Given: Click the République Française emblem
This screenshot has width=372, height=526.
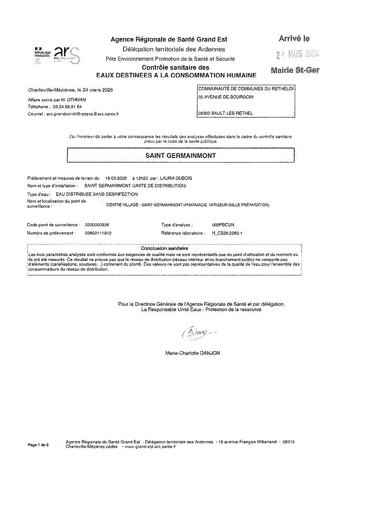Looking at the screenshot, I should [42, 54].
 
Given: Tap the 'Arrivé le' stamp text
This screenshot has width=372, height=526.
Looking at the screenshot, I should [294, 39].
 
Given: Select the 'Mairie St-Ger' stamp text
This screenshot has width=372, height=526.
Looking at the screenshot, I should [295, 70].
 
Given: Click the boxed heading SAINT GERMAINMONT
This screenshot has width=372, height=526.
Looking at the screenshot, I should [181, 156].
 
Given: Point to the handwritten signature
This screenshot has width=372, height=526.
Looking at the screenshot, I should [193, 332].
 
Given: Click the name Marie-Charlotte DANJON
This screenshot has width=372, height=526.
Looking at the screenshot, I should [193, 353].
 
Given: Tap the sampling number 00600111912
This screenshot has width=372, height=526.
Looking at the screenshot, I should [98, 233].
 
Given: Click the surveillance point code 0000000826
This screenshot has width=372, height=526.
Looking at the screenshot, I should [97, 225].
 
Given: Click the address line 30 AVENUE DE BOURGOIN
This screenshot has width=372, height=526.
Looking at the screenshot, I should [226, 97].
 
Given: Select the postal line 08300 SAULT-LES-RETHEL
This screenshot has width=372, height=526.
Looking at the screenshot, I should [225, 113].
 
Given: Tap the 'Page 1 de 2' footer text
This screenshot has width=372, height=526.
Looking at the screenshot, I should [38, 445].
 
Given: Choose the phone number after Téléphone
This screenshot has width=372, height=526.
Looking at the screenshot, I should [67, 107].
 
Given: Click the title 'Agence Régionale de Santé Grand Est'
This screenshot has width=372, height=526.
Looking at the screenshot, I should [169, 40].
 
